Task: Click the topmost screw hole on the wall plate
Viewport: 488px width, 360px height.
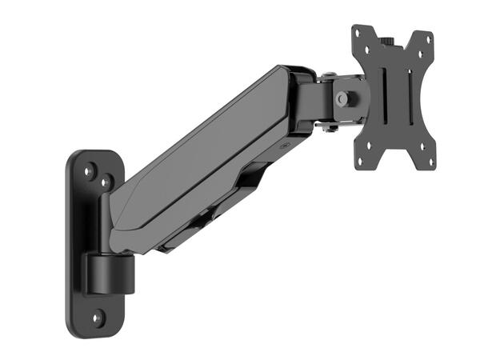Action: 92,169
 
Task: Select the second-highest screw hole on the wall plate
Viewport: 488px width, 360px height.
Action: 105,182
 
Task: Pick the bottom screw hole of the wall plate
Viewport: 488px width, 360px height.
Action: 97,317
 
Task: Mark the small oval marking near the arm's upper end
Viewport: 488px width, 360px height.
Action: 285,147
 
